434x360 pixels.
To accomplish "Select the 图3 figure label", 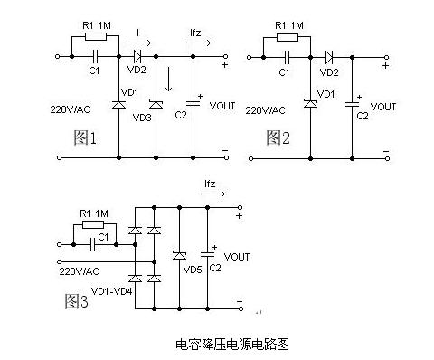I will pos(76,300).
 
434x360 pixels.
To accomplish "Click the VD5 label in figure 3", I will pos(193,269).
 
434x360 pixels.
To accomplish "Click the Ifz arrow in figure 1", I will pos(203,42).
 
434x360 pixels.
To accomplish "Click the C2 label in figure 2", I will pos(362,116).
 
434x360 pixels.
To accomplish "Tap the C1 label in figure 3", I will pos(104,237).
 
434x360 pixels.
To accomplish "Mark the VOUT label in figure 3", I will pos(237,257).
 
